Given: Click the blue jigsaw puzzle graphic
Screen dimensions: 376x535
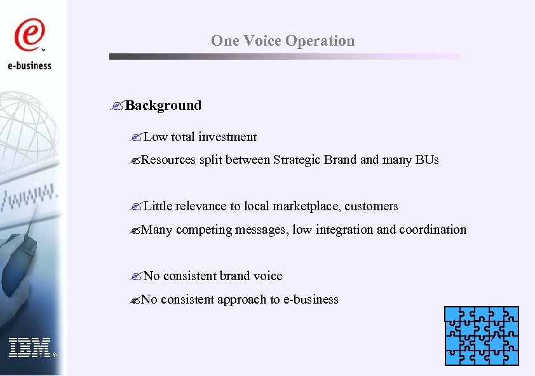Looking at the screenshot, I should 482,335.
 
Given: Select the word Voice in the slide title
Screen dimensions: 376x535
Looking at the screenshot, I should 262,41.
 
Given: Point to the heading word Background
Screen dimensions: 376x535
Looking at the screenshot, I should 163,105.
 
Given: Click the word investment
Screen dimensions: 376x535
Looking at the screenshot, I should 227,137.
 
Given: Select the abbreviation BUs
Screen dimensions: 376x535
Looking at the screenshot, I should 428,159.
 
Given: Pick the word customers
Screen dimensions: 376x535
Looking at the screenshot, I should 372,206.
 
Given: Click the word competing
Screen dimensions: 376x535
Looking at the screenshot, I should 204,229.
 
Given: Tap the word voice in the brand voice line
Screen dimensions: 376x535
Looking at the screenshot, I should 268,276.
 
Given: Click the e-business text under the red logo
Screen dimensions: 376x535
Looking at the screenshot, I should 30,65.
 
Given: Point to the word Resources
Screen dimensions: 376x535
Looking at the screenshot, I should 168,159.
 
